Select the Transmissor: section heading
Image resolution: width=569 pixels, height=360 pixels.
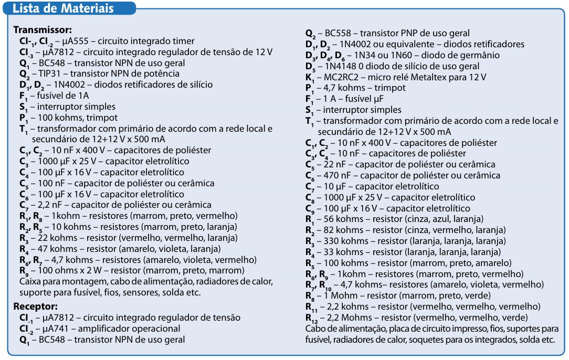click(43, 30)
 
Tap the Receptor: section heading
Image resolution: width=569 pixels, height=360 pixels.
click(35, 306)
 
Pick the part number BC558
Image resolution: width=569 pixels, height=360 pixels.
click(340, 34)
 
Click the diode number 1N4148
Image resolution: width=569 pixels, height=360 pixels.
click(343, 66)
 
